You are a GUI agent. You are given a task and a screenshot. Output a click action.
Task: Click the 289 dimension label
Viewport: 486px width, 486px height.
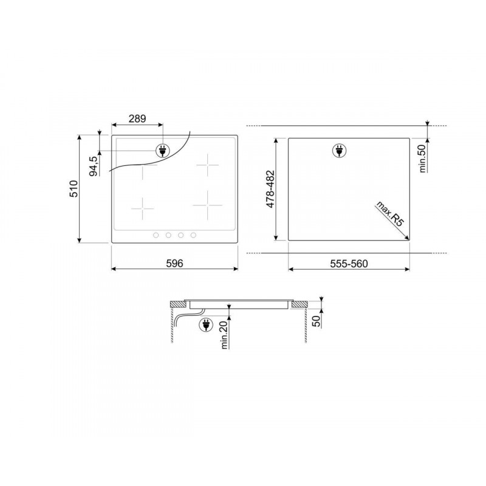click(137, 118)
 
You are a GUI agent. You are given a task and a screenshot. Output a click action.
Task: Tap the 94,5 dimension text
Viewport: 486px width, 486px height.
click(94, 166)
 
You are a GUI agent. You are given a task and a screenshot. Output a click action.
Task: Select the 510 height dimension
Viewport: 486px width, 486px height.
click(74, 188)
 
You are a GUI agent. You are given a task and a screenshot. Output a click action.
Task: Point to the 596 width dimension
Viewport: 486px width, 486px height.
click(174, 263)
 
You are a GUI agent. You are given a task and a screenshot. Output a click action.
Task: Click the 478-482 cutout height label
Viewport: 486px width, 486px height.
click(270, 189)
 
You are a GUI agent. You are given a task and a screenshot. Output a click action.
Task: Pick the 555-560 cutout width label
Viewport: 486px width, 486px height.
click(349, 264)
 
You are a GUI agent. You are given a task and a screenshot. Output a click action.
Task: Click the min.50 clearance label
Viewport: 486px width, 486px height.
click(423, 159)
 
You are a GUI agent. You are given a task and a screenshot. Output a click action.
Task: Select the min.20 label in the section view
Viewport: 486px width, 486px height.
click(224, 335)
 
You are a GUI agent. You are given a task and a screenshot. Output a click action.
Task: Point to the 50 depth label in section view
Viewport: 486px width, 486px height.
click(317, 321)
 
